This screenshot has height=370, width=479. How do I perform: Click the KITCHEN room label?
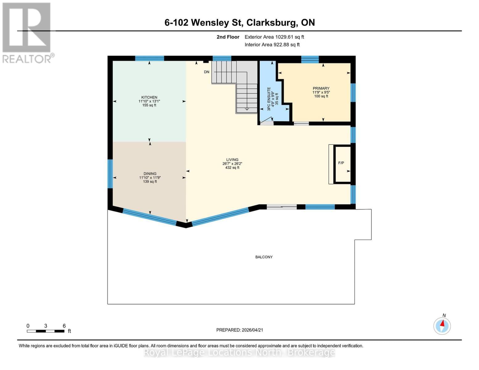(x=149, y=97)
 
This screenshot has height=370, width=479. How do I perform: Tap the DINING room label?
(x=150, y=174)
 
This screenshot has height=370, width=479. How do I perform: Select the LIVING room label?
(x=232, y=160)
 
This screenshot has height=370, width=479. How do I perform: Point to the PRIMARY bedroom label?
(x=321, y=88)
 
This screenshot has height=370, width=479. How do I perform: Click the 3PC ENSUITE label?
(x=269, y=99)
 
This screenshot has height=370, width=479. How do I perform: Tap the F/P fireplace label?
(x=341, y=163)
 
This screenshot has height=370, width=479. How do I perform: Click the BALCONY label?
(x=264, y=257)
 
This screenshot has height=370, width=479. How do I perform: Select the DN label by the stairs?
(x=207, y=72)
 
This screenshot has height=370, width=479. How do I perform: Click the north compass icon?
(x=442, y=326)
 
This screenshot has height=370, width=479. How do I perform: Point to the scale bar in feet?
(x=46, y=331)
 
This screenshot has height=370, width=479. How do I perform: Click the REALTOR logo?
(x=27, y=32)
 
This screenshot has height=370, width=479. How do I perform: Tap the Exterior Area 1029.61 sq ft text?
(x=274, y=37)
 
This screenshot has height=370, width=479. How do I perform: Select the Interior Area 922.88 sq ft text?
(x=272, y=45)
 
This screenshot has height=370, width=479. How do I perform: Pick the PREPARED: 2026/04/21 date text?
(x=240, y=330)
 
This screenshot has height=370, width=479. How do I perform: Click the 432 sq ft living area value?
(x=232, y=168)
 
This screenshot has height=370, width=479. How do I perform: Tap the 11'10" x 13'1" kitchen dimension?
(x=149, y=101)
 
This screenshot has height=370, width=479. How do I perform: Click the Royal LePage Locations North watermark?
(x=239, y=352)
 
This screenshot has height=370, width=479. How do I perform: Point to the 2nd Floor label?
(x=228, y=37)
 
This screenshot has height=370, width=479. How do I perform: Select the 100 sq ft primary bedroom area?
(x=321, y=96)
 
